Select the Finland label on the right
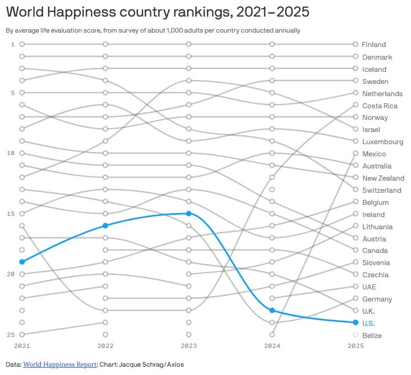pyautogui.click(x=373, y=44)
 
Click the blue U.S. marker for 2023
pyautogui.click(x=189, y=213)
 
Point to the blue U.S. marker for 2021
pyautogui.click(x=22, y=262)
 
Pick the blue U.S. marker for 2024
pyautogui.click(x=272, y=310)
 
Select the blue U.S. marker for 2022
pyautogui.click(x=105, y=225)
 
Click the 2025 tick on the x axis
pyautogui.click(x=356, y=346)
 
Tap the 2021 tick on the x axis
pyautogui.click(x=22, y=346)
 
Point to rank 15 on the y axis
pyautogui.click(x=10, y=214)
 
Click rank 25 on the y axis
pyautogui.click(x=10, y=335)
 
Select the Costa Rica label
pyautogui.click(x=380, y=105)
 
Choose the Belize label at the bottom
pyautogui.click(x=372, y=335)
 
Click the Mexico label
pyautogui.click(x=373, y=154)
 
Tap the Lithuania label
pyautogui.click(x=377, y=226)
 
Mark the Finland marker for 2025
pyautogui.click(x=356, y=44)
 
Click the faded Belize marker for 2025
pyautogui.click(x=356, y=335)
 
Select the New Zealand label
pyautogui.click(x=383, y=178)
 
